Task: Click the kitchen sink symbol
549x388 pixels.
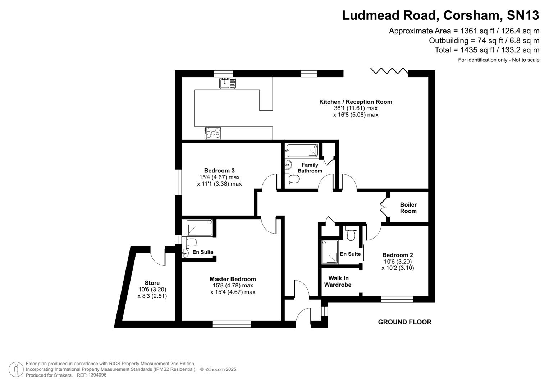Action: (x=228, y=83)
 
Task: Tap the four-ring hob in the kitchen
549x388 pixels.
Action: (x=213, y=133)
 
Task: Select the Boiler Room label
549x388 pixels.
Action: (x=408, y=208)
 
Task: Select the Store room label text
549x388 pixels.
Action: (x=152, y=283)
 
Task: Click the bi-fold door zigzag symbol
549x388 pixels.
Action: (x=389, y=70)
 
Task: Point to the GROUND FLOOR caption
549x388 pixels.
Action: (x=404, y=322)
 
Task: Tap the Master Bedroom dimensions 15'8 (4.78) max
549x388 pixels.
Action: (x=233, y=286)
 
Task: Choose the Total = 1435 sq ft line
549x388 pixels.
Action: (x=487, y=50)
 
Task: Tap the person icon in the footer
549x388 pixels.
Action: (x=16, y=369)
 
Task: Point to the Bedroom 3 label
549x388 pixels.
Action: (x=219, y=171)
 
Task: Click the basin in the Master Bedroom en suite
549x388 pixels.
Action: (x=186, y=253)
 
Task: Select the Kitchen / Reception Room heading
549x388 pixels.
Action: (x=356, y=102)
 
